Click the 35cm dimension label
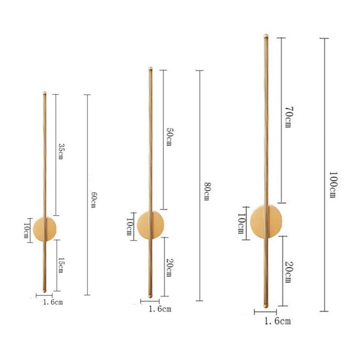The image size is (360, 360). pyautogui.click(x=62, y=151)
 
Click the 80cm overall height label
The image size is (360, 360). pyautogui.click(x=207, y=191)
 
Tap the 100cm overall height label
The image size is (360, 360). pyautogui.click(x=333, y=184)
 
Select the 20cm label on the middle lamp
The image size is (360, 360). pyautogui.click(x=169, y=268)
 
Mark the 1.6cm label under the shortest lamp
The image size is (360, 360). pyautogui.click(x=52, y=302)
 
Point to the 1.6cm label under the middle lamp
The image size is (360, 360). pyautogui.click(x=160, y=309)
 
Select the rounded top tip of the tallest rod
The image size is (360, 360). pyautogui.click(x=266, y=35)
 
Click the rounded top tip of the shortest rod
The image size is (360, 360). pyautogui.click(x=44, y=93)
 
